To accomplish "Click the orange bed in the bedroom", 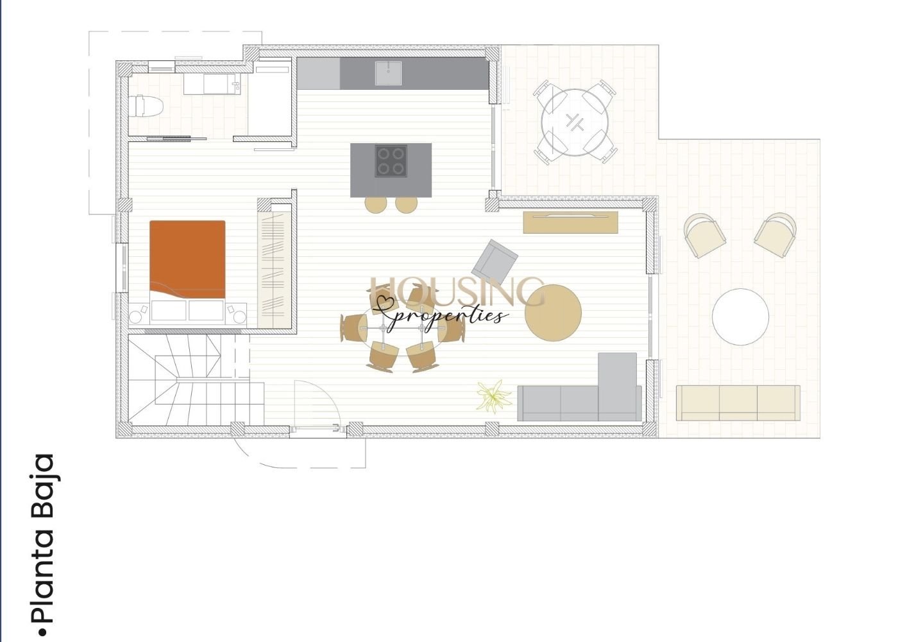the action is click(x=187, y=259).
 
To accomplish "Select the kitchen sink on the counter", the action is click(x=388, y=73).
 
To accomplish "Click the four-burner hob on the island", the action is click(x=391, y=160).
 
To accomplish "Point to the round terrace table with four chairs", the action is click(x=575, y=122).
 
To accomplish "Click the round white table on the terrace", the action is click(x=740, y=317).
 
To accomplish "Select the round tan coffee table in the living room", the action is click(x=553, y=313).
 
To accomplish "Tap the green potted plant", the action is click(x=493, y=397).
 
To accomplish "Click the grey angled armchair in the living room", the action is click(x=495, y=262).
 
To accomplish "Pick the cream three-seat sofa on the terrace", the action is click(x=738, y=403).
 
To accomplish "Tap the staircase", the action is click(x=189, y=379).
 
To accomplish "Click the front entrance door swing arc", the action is click(x=319, y=401).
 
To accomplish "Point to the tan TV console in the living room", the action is click(x=570, y=222).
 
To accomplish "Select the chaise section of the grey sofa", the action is click(x=617, y=386).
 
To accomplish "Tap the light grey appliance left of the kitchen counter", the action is click(x=319, y=73).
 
